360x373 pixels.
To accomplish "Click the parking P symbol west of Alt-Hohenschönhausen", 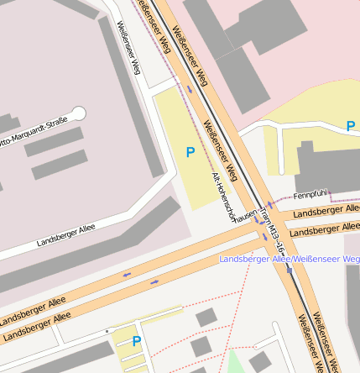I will (190, 152).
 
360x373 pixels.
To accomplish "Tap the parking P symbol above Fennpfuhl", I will (351, 126).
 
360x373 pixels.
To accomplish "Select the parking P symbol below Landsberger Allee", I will (137, 341).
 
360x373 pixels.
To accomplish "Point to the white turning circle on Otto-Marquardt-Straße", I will (79, 113).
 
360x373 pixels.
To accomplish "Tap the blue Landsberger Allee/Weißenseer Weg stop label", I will (289, 259).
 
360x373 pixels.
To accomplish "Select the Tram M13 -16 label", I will (274, 232).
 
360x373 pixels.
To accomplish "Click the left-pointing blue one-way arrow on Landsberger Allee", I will (127, 274).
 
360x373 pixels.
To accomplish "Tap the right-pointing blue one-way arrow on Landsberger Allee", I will (154, 281).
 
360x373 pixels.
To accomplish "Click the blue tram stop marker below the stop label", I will (290, 270).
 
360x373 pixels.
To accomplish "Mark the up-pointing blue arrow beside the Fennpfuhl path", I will (270, 205).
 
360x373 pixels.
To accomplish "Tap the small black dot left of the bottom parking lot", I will (107, 332).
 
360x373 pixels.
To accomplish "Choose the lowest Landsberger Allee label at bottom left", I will (34, 328).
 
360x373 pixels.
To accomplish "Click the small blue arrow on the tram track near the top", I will (190, 87).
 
